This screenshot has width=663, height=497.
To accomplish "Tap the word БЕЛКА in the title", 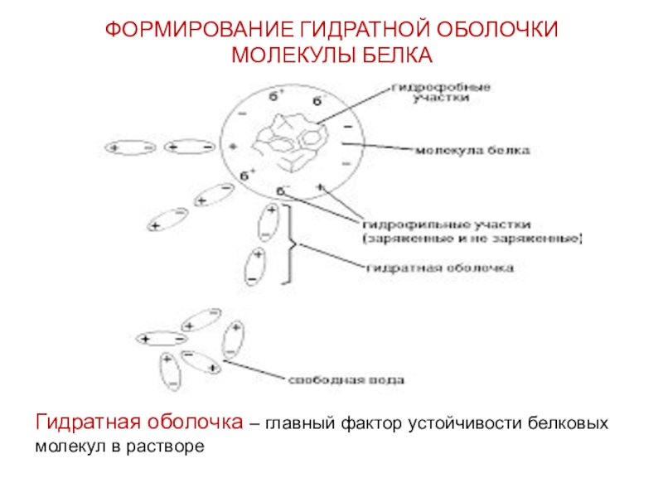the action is click(x=397, y=55).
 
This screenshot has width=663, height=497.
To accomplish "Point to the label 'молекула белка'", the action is click(x=473, y=151).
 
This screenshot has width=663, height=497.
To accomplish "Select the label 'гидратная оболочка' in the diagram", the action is click(x=440, y=268).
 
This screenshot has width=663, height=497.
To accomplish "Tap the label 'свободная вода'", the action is click(x=346, y=382).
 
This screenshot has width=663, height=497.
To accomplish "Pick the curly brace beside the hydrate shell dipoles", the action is click(x=290, y=245).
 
